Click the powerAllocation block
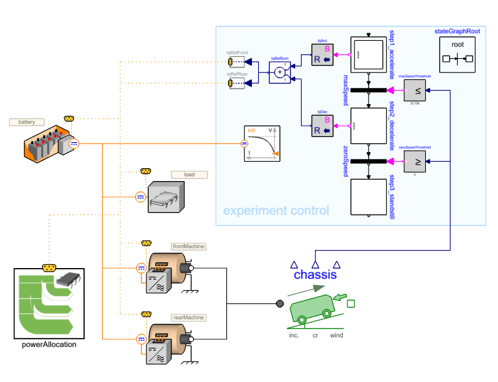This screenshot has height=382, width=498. [x=50, y=303]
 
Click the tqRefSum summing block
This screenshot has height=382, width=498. [x=279, y=72]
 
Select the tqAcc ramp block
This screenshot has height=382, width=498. [x=322, y=55]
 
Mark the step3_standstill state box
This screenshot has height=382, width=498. [x=369, y=197]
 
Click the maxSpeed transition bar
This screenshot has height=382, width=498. [x=369, y=90]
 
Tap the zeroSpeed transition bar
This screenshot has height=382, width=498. [x=369, y=161]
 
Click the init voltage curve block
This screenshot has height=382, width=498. [x=261, y=144]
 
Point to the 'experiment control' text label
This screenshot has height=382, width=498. [x=276, y=210]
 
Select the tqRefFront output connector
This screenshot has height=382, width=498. [x=231, y=61]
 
